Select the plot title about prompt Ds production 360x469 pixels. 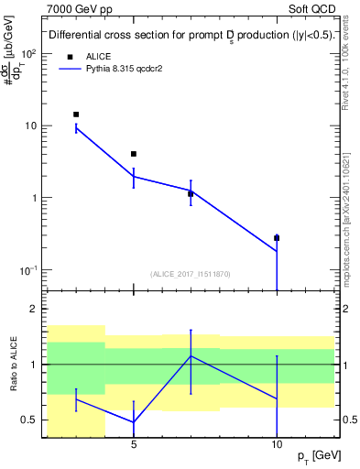click(191, 36)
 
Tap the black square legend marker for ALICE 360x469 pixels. click(70, 56)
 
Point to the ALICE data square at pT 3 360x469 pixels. click(76, 115)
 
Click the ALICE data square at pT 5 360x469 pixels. click(134, 154)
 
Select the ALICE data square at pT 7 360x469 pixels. click(191, 193)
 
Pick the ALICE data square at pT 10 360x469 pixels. click(277, 238)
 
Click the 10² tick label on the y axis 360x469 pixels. click(29, 54)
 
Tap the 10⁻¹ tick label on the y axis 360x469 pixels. click(29, 270)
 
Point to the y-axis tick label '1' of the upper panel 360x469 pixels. click(34, 198)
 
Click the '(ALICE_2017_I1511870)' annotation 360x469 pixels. click(191, 273)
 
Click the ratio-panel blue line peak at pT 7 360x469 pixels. click(191, 355)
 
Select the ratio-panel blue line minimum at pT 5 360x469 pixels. click(134, 422)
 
